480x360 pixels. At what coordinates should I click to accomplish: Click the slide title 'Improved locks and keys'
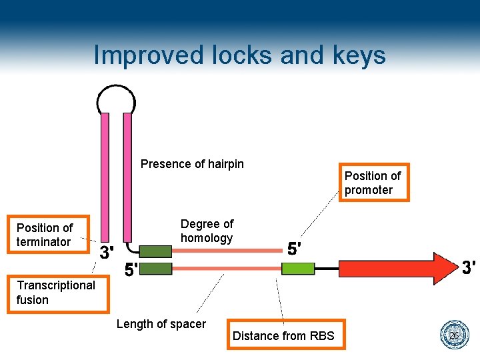click(x=239, y=55)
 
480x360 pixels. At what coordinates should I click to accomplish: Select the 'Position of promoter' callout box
click(x=373, y=183)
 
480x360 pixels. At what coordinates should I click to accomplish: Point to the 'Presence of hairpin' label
click(x=192, y=164)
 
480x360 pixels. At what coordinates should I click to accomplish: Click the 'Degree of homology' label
click(x=207, y=231)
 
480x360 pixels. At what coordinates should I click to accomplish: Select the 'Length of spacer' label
click(x=161, y=324)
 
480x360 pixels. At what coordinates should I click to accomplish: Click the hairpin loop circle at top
click(x=116, y=101)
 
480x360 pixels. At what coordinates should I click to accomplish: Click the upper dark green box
click(x=156, y=251)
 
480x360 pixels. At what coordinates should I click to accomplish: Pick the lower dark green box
click(x=156, y=269)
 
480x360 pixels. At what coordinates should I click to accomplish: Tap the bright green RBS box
click(x=298, y=269)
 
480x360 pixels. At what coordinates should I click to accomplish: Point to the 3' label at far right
click(x=468, y=267)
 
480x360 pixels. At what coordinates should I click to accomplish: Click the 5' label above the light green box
click(x=294, y=249)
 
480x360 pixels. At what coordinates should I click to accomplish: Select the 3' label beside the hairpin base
click(x=106, y=252)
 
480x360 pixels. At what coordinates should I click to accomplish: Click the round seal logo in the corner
click(x=455, y=335)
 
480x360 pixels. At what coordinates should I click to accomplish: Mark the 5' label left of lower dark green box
click(x=132, y=269)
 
